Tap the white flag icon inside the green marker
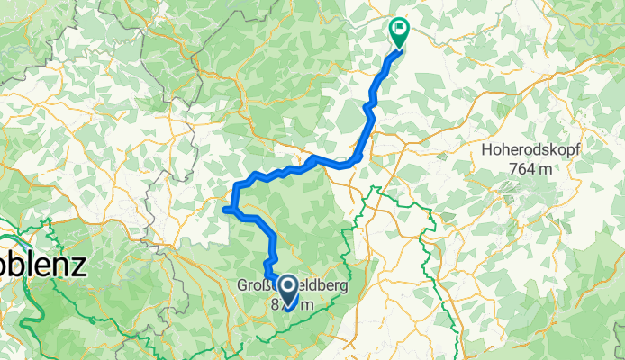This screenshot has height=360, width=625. pyautogui.click(x=398, y=27)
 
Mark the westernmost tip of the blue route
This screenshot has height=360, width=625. pyautogui.click(x=223, y=210)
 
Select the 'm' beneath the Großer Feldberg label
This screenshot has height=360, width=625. pyautogui.click(x=307, y=304)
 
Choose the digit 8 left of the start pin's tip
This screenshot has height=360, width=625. pyautogui.click(x=276, y=304)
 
